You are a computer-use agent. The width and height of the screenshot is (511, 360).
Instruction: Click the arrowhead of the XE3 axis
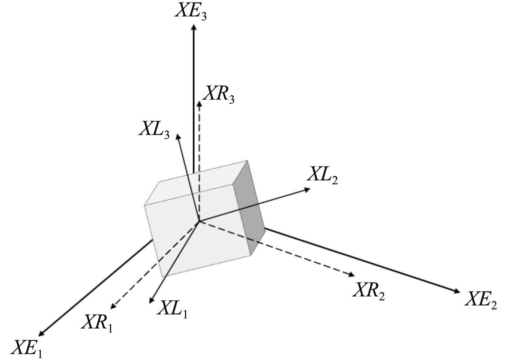[x=194, y=27]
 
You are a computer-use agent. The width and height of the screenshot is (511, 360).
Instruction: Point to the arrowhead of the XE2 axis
[x=457, y=291]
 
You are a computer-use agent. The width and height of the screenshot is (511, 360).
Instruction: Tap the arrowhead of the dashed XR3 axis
[x=199, y=104]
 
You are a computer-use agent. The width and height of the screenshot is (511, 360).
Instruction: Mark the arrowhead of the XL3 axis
[x=177, y=137]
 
